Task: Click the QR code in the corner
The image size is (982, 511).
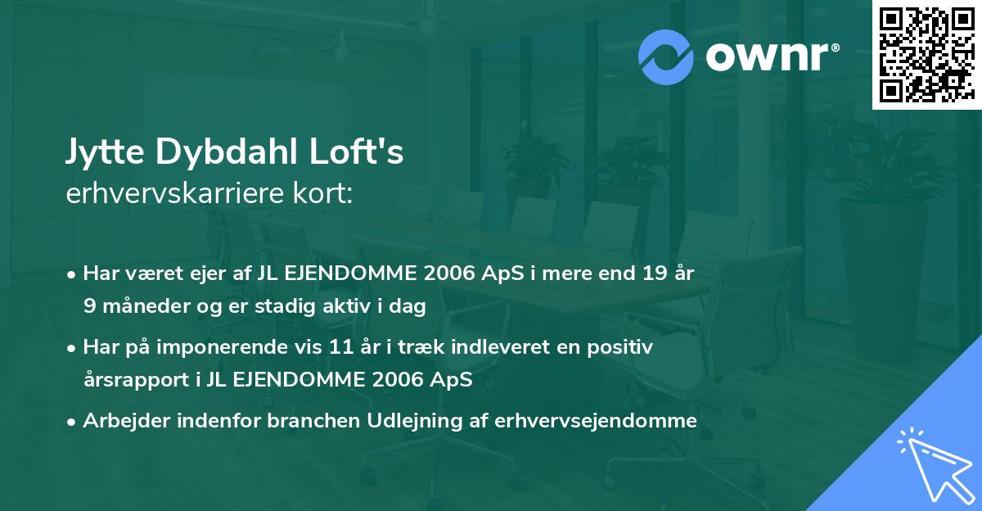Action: [x=926, y=55]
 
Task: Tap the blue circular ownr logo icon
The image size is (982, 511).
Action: [x=667, y=57]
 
